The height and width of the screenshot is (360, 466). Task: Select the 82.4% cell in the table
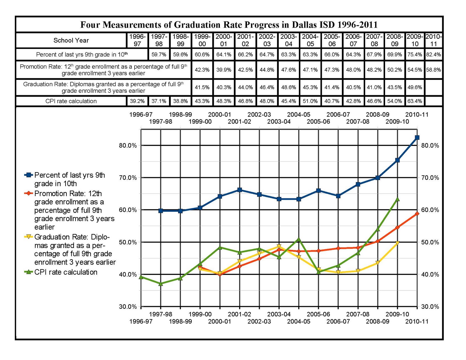[433, 54]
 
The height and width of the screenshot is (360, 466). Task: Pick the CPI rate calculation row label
[71, 101]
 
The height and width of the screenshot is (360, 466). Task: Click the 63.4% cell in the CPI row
[414, 101]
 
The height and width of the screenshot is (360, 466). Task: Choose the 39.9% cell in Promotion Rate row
[223, 70]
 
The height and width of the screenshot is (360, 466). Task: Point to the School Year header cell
[71, 40]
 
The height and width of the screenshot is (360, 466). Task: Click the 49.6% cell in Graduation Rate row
[414, 87]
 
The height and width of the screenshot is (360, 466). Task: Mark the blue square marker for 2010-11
[417, 137]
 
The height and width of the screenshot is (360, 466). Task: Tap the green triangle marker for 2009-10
[397, 200]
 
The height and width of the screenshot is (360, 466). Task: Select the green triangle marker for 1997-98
[160, 284]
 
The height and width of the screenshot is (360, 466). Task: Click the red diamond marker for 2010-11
[417, 214]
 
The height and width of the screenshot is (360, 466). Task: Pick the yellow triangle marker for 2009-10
[397, 243]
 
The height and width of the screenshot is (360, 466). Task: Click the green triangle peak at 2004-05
[299, 239]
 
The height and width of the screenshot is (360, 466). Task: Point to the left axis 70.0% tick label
[128, 178]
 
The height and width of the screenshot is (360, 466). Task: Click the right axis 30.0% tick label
[430, 307]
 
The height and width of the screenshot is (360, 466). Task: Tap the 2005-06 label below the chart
[318, 314]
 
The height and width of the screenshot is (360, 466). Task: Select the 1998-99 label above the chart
[180, 114]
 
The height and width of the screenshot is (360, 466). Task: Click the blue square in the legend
[29, 175]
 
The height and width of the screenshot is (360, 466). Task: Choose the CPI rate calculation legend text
[66, 272]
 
